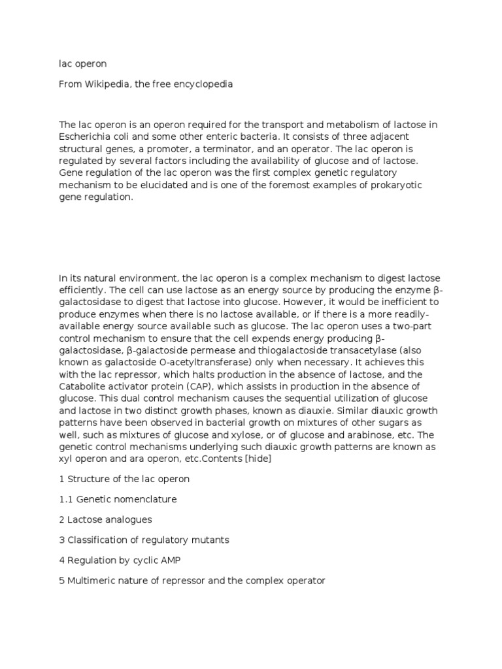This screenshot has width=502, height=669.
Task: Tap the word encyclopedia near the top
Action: (x=200, y=84)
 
